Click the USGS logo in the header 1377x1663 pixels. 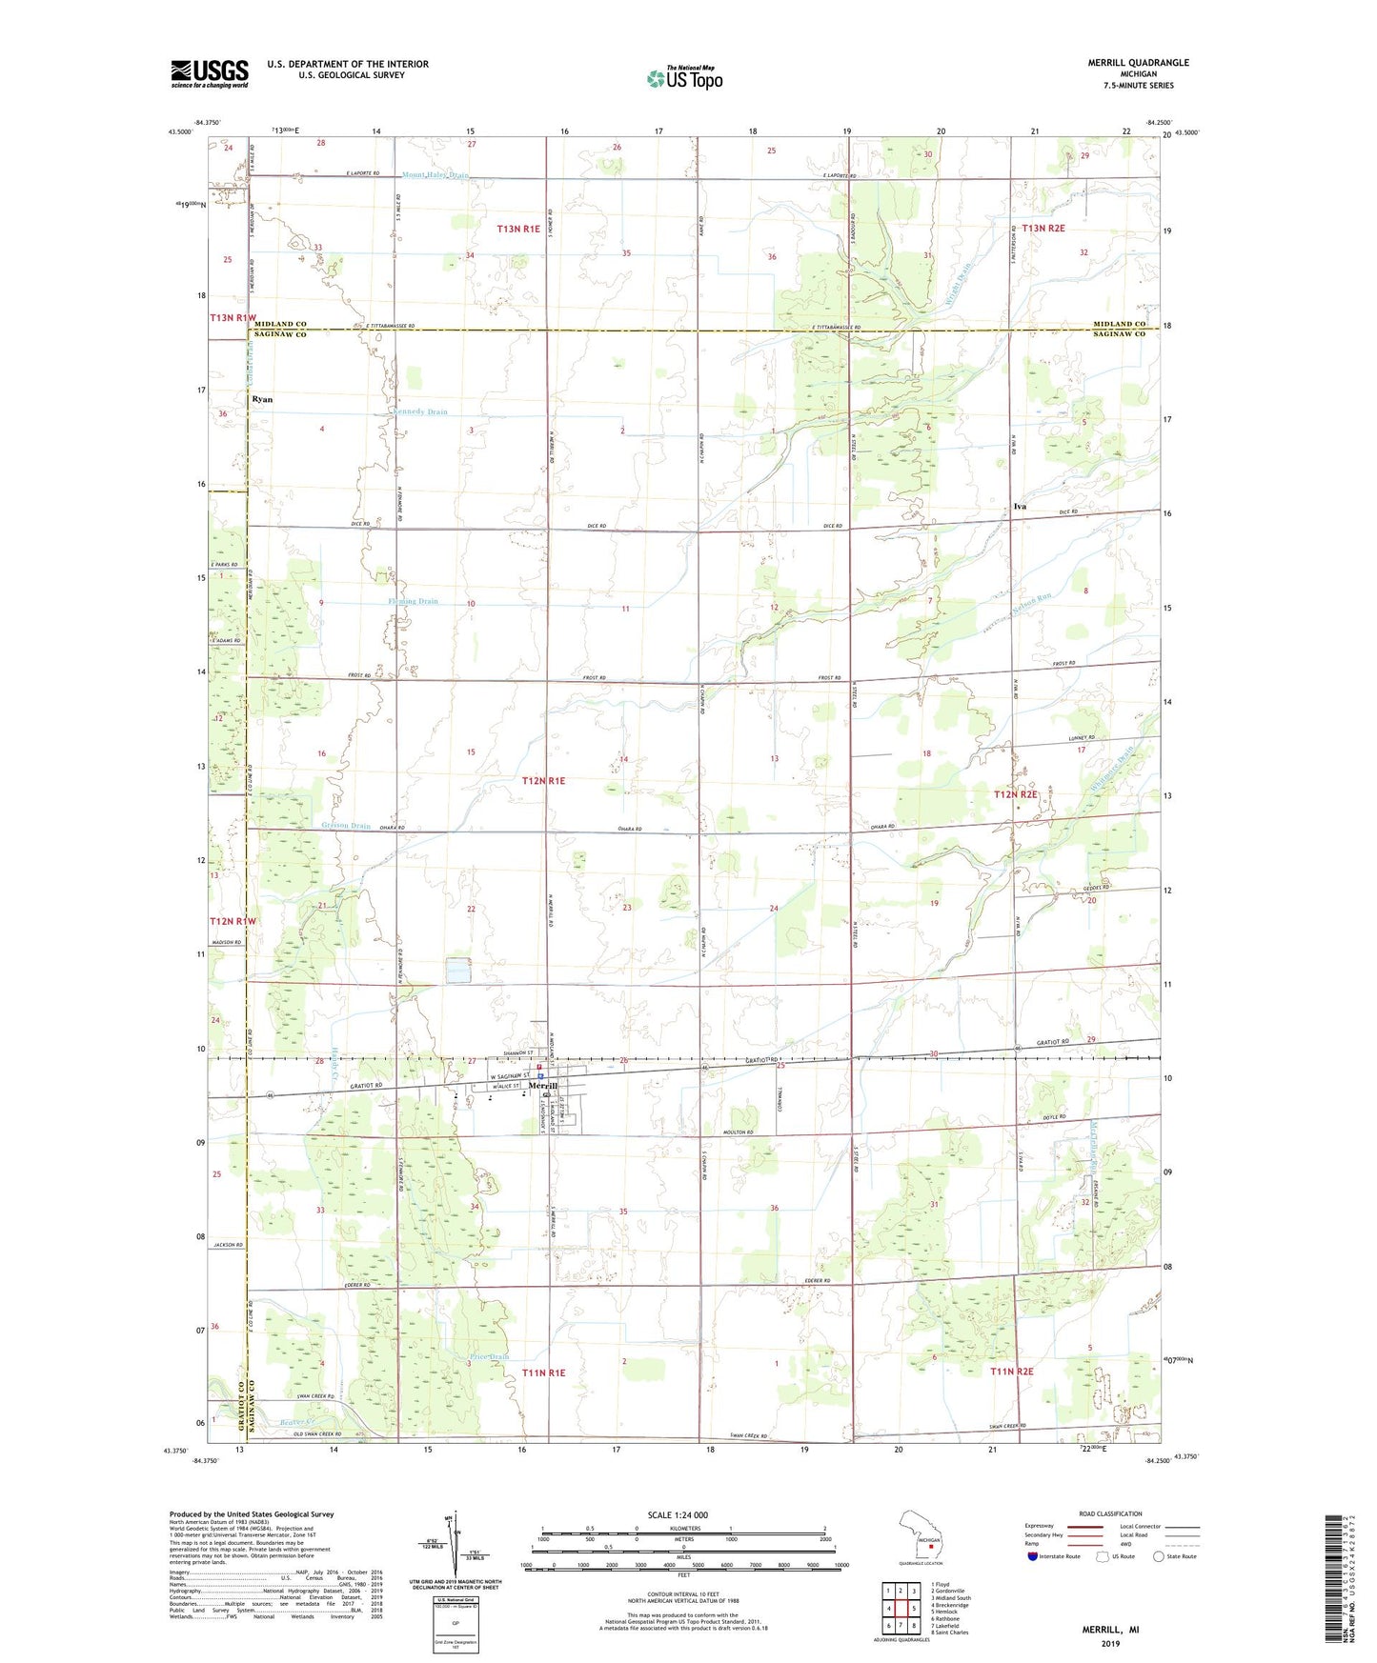pyautogui.click(x=210, y=72)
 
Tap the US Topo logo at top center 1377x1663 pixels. pyautogui.click(x=684, y=78)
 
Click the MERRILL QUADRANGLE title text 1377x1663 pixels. pyautogui.click(x=1138, y=63)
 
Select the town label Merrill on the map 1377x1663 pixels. pyautogui.click(x=542, y=1086)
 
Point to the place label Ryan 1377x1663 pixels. pyautogui.click(x=262, y=399)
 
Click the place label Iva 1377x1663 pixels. pyautogui.click(x=1020, y=507)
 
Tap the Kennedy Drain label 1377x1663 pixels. pyautogui.click(x=419, y=411)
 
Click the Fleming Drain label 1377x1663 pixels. pyautogui.click(x=413, y=601)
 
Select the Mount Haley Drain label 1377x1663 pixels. pyautogui.click(x=435, y=175)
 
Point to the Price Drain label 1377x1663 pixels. pyautogui.click(x=490, y=1356)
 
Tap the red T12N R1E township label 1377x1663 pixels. pyautogui.click(x=543, y=780)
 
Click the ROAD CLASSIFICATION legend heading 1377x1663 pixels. pyautogui.click(x=1110, y=1513)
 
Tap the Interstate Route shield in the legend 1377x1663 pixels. pyautogui.click(x=1032, y=1556)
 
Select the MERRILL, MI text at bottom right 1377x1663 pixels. pyautogui.click(x=1109, y=1630)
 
